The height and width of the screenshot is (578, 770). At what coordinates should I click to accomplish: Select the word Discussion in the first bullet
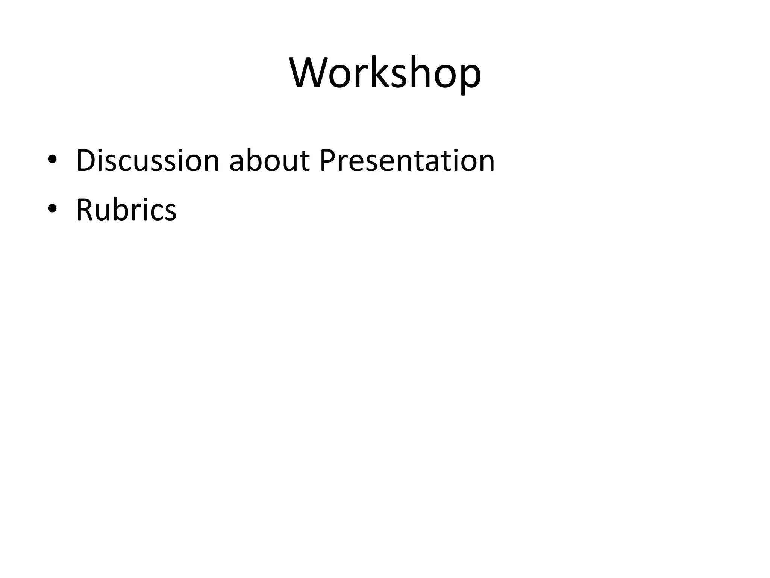(147, 161)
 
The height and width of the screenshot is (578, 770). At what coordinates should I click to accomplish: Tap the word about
(269, 161)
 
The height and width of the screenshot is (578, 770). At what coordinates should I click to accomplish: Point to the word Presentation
(407, 161)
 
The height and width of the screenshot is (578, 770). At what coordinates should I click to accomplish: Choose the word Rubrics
(126, 210)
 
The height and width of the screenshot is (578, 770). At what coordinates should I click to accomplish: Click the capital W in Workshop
(311, 73)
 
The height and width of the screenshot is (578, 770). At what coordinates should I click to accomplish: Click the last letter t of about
(304, 162)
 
